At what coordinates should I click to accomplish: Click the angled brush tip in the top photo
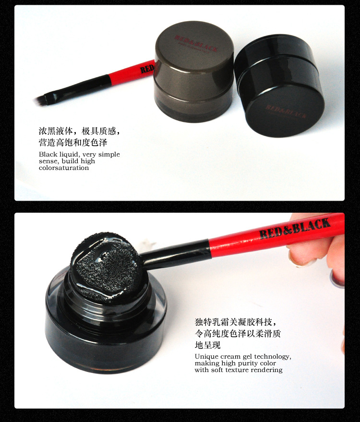[40, 101]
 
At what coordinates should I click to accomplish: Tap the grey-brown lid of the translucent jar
[194, 54]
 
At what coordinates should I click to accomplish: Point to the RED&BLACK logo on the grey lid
[196, 44]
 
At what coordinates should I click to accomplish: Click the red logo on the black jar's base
[286, 111]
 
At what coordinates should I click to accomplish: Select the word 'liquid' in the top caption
[69, 155]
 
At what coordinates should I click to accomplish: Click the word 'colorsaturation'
[64, 168]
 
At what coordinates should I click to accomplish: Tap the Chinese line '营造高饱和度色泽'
[73, 143]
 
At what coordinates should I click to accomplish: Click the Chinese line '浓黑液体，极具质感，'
[79, 131]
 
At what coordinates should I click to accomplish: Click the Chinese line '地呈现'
[208, 345]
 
